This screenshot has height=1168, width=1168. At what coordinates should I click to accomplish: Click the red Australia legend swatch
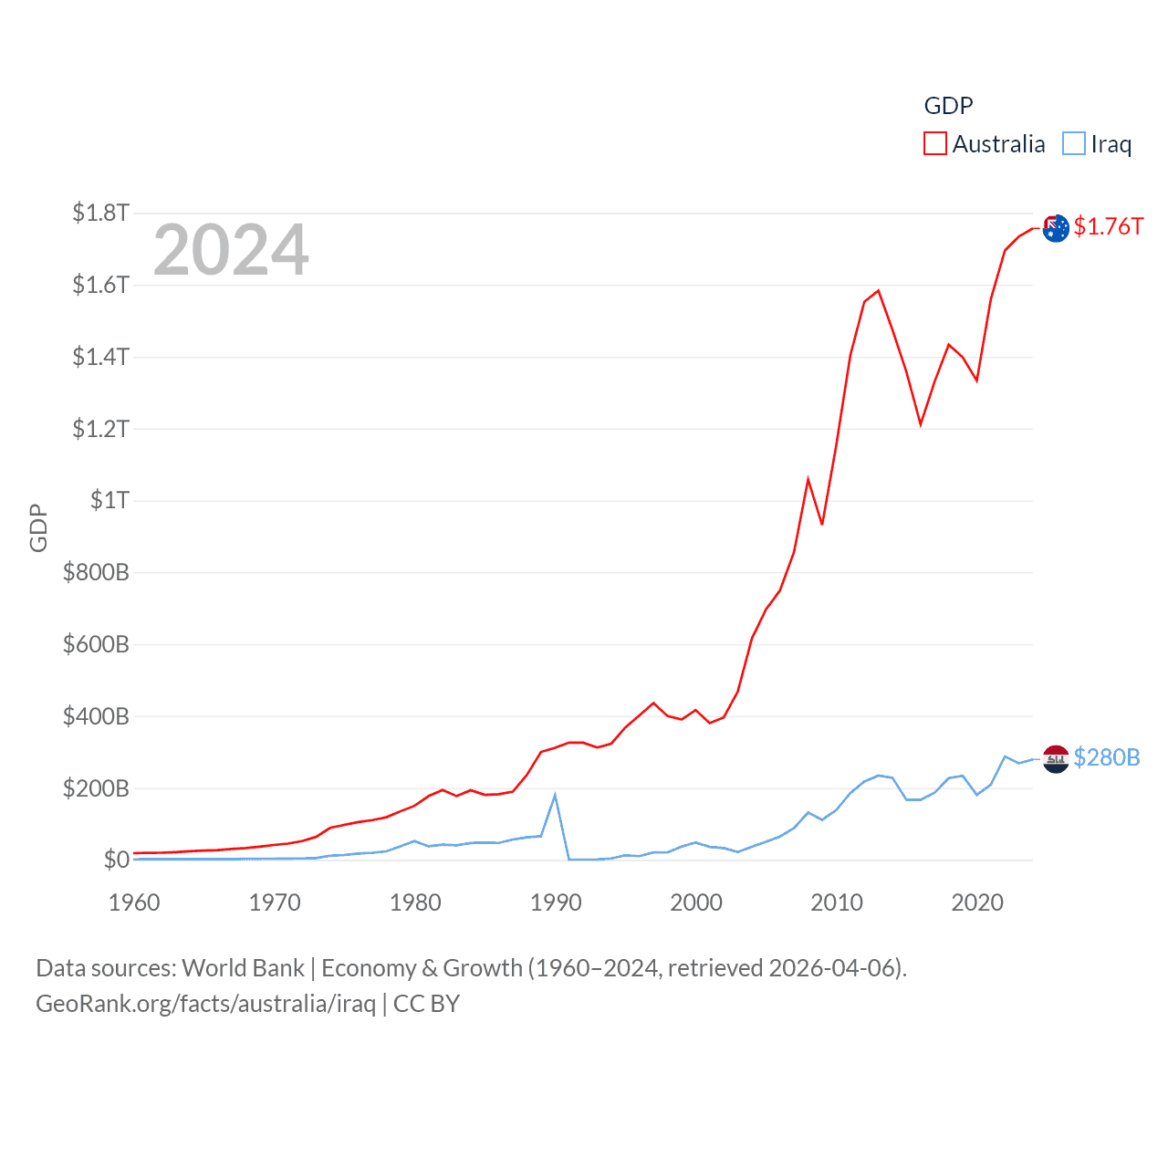point(934,144)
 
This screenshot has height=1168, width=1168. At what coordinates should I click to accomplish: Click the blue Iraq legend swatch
point(1074,144)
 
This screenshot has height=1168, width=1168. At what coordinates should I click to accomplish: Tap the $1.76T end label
point(1108,226)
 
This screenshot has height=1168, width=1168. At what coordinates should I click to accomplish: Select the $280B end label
point(1106,757)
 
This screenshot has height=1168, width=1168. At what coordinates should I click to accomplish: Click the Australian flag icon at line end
point(1056,228)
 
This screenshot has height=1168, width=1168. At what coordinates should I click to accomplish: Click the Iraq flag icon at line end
point(1056,758)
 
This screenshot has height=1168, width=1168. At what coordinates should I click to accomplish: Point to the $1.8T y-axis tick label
point(100,213)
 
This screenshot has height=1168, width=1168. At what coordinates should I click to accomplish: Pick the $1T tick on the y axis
point(109,500)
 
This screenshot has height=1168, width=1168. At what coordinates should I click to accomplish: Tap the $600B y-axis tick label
point(96,644)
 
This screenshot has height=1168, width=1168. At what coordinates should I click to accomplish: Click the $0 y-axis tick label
point(116,860)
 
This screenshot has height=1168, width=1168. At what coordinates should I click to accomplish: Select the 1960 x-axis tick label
point(134,902)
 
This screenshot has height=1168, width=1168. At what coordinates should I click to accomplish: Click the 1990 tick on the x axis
point(556,902)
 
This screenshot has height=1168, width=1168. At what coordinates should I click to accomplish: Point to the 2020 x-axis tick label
point(977,902)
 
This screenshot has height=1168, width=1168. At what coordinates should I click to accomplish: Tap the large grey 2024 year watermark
point(231,250)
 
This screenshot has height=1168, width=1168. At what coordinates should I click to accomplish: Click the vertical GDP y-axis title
point(38,527)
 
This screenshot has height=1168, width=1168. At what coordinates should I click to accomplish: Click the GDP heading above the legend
point(948,106)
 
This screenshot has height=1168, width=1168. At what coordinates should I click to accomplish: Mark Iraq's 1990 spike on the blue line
point(555,796)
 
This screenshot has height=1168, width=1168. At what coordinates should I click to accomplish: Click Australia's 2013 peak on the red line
point(878,291)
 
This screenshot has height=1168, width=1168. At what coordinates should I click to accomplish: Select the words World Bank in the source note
point(243,967)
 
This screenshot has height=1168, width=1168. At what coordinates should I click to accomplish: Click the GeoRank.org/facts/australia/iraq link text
point(205,1004)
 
